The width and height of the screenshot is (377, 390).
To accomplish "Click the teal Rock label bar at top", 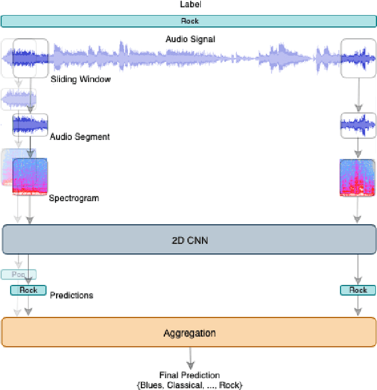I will (188, 21).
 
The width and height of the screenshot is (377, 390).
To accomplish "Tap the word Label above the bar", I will (190, 5).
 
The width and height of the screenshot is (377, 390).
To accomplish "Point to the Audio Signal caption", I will (190, 40).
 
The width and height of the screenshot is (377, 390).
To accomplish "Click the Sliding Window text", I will (80, 79).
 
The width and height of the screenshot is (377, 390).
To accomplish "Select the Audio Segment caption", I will (80, 137).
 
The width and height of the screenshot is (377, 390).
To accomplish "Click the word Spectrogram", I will (74, 198).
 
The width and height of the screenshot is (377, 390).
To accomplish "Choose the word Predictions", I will (71, 294).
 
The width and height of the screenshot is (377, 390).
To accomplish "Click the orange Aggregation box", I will (188, 333).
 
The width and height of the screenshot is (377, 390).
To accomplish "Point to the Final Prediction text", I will (190, 375).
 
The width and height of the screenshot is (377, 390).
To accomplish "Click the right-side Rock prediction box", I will (358, 290).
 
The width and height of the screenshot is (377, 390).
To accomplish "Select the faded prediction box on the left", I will (18, 274).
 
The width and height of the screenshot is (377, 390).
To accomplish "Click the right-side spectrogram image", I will (358, 177).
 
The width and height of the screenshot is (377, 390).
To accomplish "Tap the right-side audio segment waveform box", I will (358, 126).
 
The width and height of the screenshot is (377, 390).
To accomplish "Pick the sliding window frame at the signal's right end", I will (358, 58).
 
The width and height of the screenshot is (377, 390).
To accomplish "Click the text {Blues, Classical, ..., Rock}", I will (190, 385).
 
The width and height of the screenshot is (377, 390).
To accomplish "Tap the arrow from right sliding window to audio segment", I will (358, 94).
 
